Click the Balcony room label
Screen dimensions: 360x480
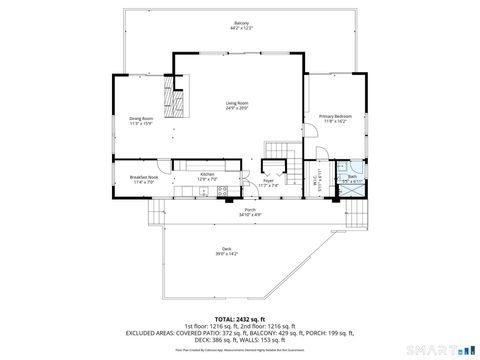tap(241, 22)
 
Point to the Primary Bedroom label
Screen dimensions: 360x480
tap(335, 116)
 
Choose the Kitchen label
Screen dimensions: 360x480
tap(207, 174)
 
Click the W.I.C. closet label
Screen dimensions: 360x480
tap(316, 181)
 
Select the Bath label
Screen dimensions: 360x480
tap(352, 176)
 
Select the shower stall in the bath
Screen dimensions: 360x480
tap(344, 165)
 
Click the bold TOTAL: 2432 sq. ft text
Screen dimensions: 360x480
tap(239, 317)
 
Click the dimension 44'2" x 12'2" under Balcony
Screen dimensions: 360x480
tap(241, 28)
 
